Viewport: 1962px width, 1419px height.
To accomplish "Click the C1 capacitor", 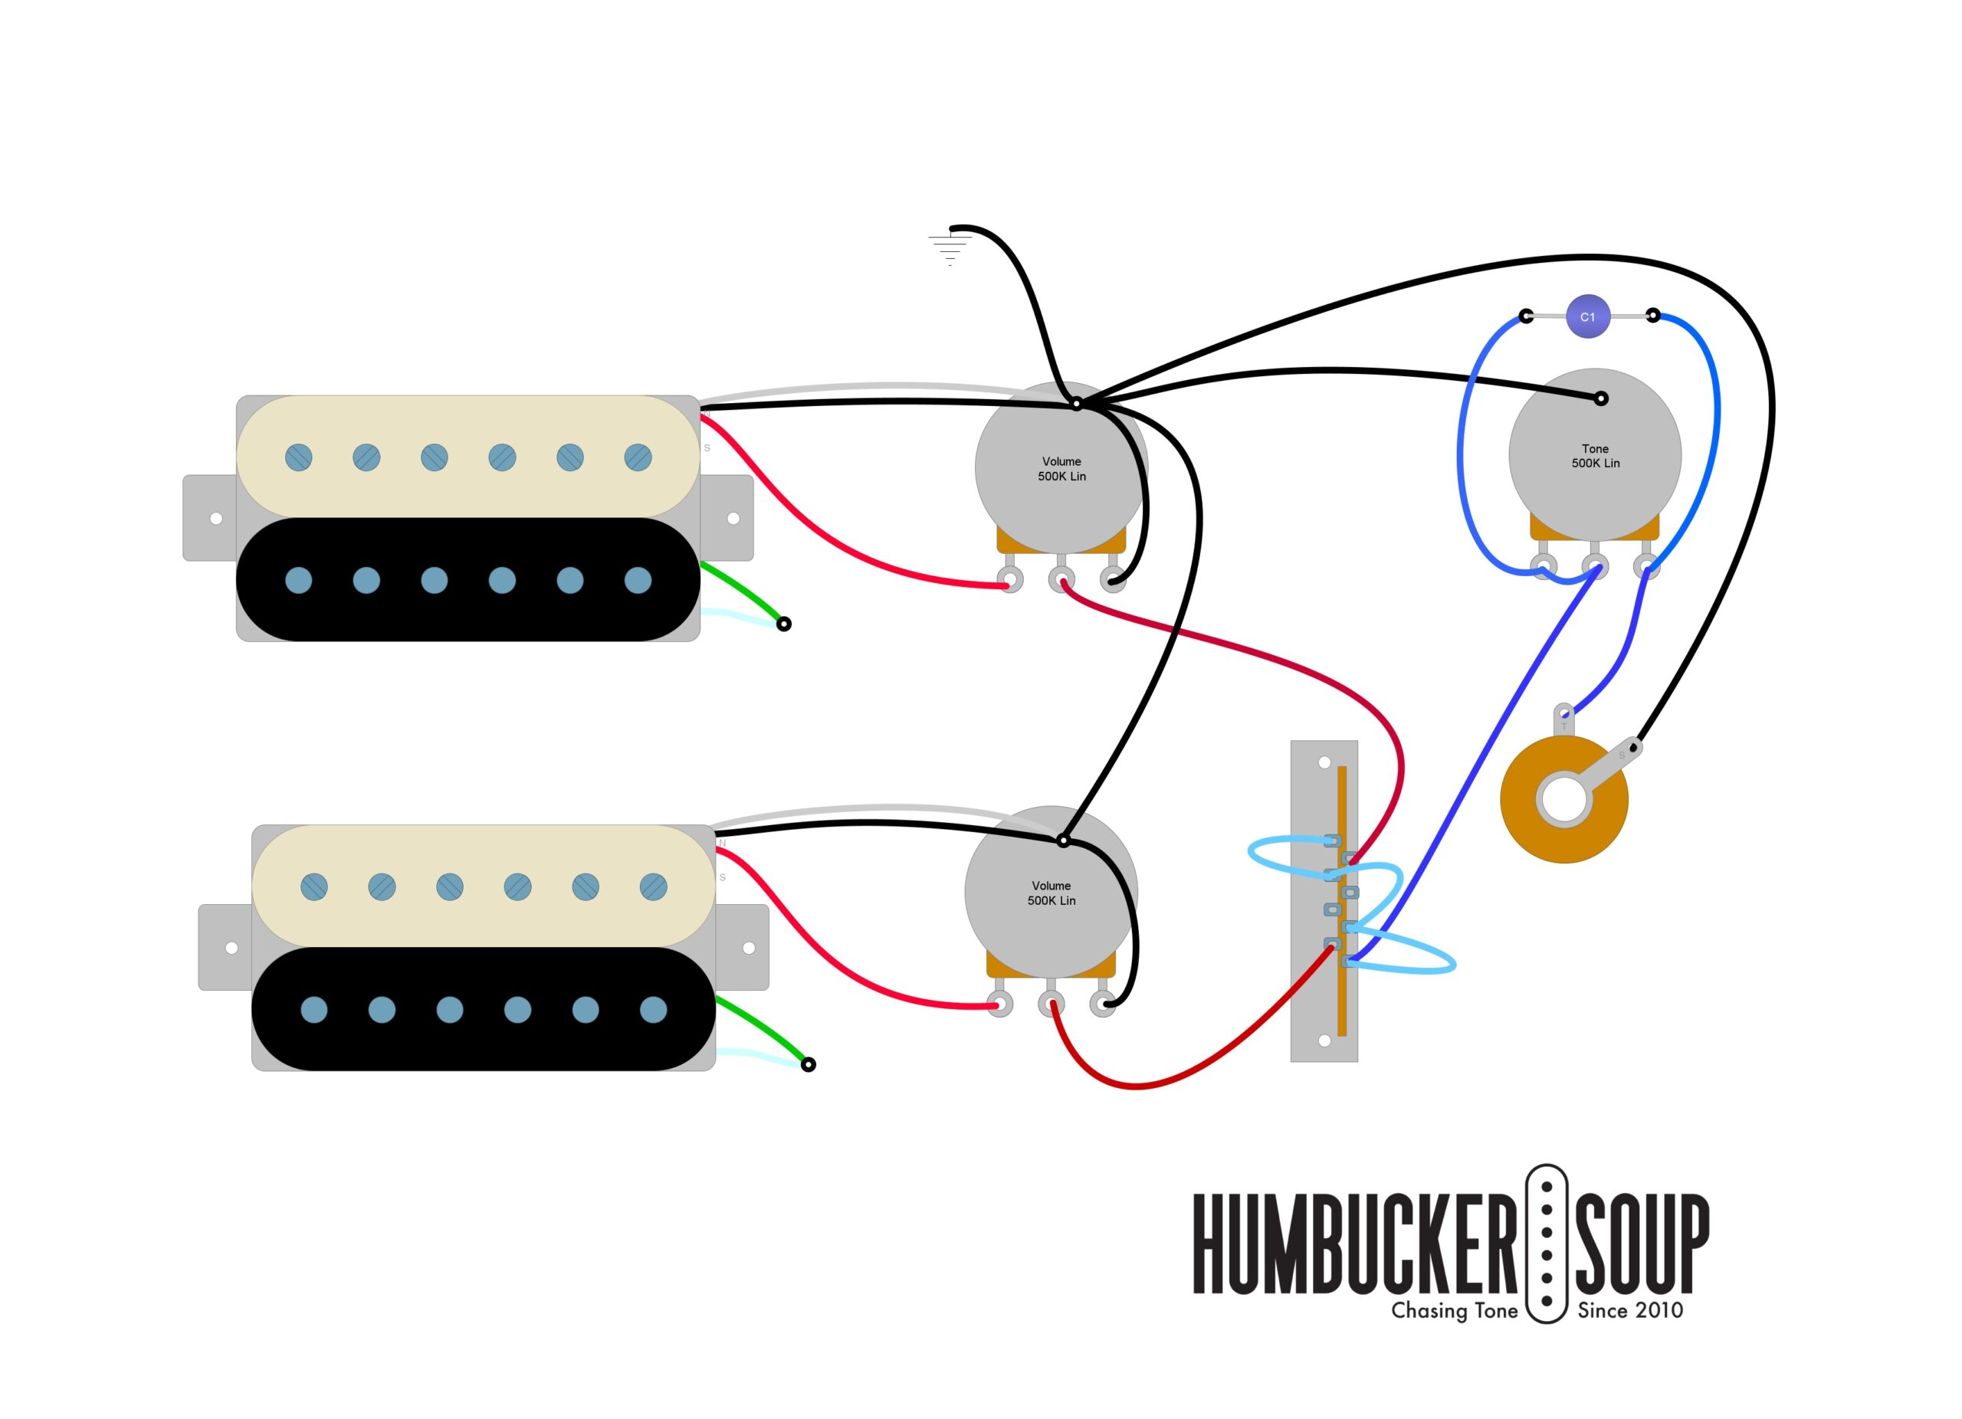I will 1587,316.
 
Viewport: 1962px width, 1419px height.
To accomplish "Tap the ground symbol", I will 950,247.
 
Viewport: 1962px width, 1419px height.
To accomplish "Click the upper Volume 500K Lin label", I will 1061,469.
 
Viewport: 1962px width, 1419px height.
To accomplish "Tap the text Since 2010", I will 1630,1311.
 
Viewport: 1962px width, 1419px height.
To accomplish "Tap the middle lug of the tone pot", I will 1594,567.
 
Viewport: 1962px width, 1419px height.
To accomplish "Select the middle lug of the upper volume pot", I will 1061,578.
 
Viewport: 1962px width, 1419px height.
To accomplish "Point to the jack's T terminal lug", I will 1564,714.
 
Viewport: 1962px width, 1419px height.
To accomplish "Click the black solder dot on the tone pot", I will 1601,398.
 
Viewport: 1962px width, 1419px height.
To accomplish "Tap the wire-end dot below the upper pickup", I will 784,624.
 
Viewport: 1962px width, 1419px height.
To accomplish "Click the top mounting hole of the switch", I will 1324,762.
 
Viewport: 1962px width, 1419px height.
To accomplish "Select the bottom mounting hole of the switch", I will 1324,1040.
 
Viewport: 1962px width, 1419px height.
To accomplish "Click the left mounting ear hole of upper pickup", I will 216,519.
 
